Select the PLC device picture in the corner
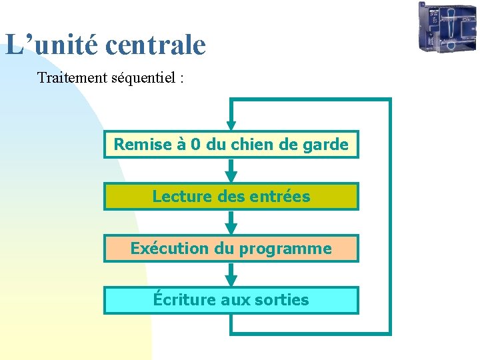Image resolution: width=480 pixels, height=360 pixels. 447,27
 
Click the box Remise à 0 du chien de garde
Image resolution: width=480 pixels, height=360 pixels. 231,144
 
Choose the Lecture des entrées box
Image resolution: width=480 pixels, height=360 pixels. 231,197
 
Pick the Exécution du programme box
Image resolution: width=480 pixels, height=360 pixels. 231,249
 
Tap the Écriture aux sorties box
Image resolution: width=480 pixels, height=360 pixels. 231,300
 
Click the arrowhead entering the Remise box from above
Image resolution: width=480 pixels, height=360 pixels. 231,125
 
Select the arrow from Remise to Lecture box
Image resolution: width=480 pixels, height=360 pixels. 231,171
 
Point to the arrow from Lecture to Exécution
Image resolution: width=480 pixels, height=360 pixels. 231,223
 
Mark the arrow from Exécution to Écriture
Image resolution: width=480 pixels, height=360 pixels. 231,275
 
